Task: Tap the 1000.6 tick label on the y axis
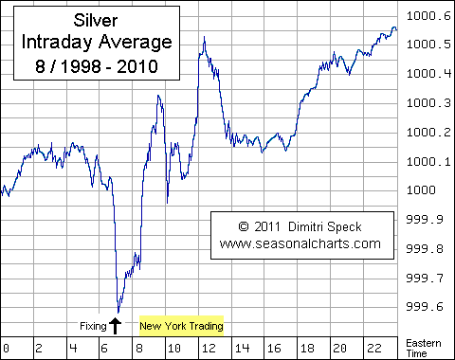tap(428, 15)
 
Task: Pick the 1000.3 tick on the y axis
tap(428, 103)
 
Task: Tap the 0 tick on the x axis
tap(6, 346)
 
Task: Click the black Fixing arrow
tap(116, 325)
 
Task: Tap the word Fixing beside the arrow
tap(92, 327)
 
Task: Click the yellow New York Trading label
tap(181, 327)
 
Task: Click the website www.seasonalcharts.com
tap(300, 243)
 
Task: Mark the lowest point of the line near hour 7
tap(118, 312)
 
